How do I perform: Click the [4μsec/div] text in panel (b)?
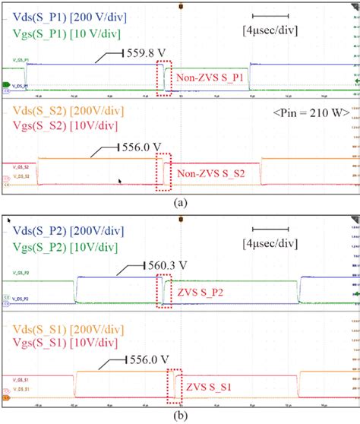click(276, 245)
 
